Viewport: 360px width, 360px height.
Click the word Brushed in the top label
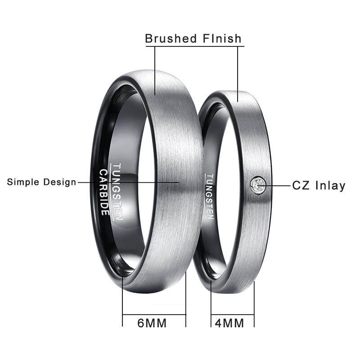click(x=171, y=38)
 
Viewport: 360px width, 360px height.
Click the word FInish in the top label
click(x=222, y=38)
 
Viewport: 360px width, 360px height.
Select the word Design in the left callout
click(x=60, y=182)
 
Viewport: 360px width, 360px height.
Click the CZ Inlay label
click(x=319, y=185)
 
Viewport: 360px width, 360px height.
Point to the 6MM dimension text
click(x=152, y=323)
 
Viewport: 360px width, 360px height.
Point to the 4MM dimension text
click(x=229, y=323)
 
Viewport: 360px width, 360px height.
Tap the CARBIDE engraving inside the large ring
click(x=104, y=192)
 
